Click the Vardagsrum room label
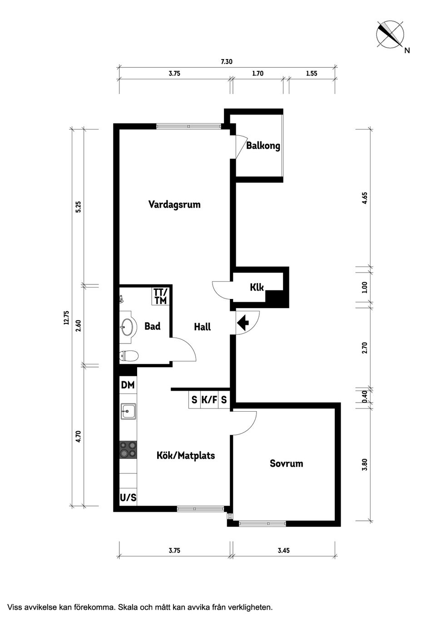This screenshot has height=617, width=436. coord(174,204)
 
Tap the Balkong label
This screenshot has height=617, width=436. coord(263,146)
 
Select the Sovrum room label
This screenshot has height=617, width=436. coord(286,463)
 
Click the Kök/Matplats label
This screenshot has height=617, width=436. coord(185,455)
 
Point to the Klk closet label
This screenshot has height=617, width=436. coord(257,287)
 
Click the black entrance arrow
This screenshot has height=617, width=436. coord(243,323)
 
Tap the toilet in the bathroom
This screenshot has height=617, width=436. coord(128,356)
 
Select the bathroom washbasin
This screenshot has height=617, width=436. coord(128,325)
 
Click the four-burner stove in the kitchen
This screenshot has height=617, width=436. coord(128,449)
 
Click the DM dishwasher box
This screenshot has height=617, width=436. coord(128,385)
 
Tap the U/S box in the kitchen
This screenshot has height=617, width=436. coord(128,498)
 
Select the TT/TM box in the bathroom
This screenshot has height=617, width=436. coord(160,296)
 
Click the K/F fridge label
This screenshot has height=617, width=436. coord(209,400)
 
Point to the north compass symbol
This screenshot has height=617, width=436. coord(391,35)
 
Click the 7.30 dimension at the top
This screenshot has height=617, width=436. coord(227,62)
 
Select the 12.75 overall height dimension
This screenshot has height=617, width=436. coord(66,318)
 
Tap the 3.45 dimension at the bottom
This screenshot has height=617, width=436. coord(283,550)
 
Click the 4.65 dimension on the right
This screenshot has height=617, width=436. coord(365,199)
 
